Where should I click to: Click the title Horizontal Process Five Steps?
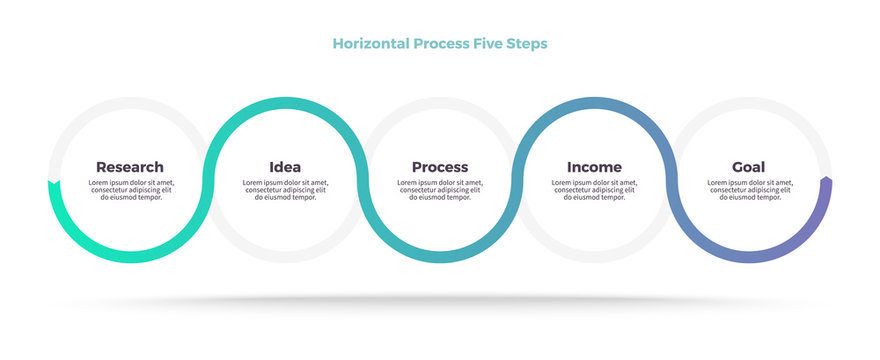[x=439, y=44]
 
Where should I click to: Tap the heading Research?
[x=130, y=167]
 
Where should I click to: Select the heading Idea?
[x=285, y=167]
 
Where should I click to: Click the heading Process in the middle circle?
[x=440, y=167]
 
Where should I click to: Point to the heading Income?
[x=594, y=167]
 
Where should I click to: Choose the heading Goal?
[x=749, y=167]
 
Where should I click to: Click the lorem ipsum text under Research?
[x=130, y=190]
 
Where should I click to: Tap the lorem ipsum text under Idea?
[x=285, y=190]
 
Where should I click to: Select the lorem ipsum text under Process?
[x=440, y=190]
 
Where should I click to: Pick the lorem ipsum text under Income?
[x=594, y=190]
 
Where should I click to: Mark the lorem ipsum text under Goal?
[x=749, y=190]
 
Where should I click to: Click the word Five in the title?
[x=486, y=44]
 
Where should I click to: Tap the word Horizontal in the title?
[x=369, y=44]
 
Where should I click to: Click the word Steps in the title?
[x=528, y=44]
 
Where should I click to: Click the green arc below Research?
[x=130, y=257]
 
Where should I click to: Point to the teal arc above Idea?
[x=285, y=103]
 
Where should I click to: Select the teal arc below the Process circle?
[x=440, y=257]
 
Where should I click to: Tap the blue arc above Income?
[x=594, y=103]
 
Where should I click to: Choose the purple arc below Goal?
[x=760, y=256]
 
